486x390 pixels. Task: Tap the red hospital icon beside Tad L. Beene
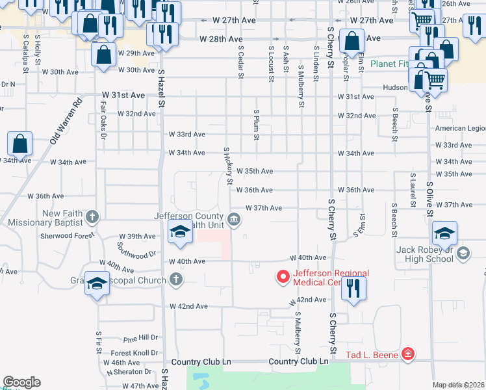pos(407,354)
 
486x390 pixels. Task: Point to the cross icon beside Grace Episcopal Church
pos(175,280)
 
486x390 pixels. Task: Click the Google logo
pos(21,382)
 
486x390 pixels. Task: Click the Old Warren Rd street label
pos(67,121)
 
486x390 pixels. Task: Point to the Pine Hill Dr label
pos(140,339)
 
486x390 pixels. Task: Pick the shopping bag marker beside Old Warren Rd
pos(20,145)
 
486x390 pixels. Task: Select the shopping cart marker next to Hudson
pos(435,81)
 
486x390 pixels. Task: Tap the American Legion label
pos(460,129)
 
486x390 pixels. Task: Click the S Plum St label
pos(257,124)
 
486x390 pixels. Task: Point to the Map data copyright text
pos(459,385)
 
